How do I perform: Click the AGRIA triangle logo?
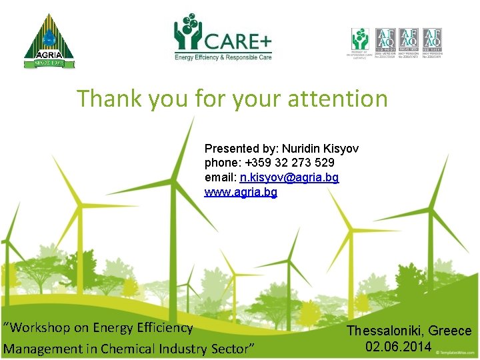[49, 41]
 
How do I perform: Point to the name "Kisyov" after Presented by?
[338, 147]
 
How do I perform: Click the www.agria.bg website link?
[241, 193]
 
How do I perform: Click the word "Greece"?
[450, 331]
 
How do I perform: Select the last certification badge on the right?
[432, 43]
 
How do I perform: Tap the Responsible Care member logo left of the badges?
[360, 43]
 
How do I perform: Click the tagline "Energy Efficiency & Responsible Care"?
[223, 58]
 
